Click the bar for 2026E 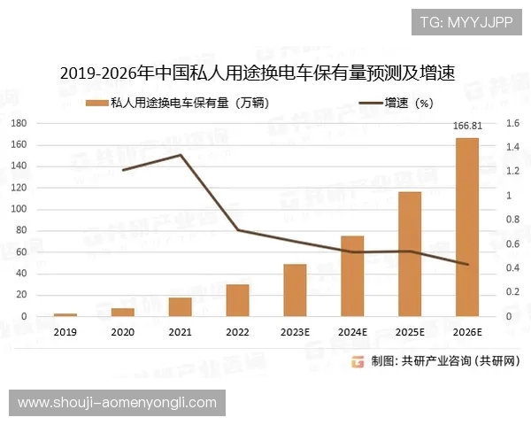click(x=467, y=228)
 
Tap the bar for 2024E click(x=352, y=276)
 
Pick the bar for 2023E click(x=295, y=290)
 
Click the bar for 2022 click(x=237, y=300)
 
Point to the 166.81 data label click(x=467, y=127)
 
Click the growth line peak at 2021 click(x=181, y=156)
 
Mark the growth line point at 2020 click(x=123, y=170)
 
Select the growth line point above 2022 click(x=237, y=230)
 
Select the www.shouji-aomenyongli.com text click(x=117, y=403)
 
